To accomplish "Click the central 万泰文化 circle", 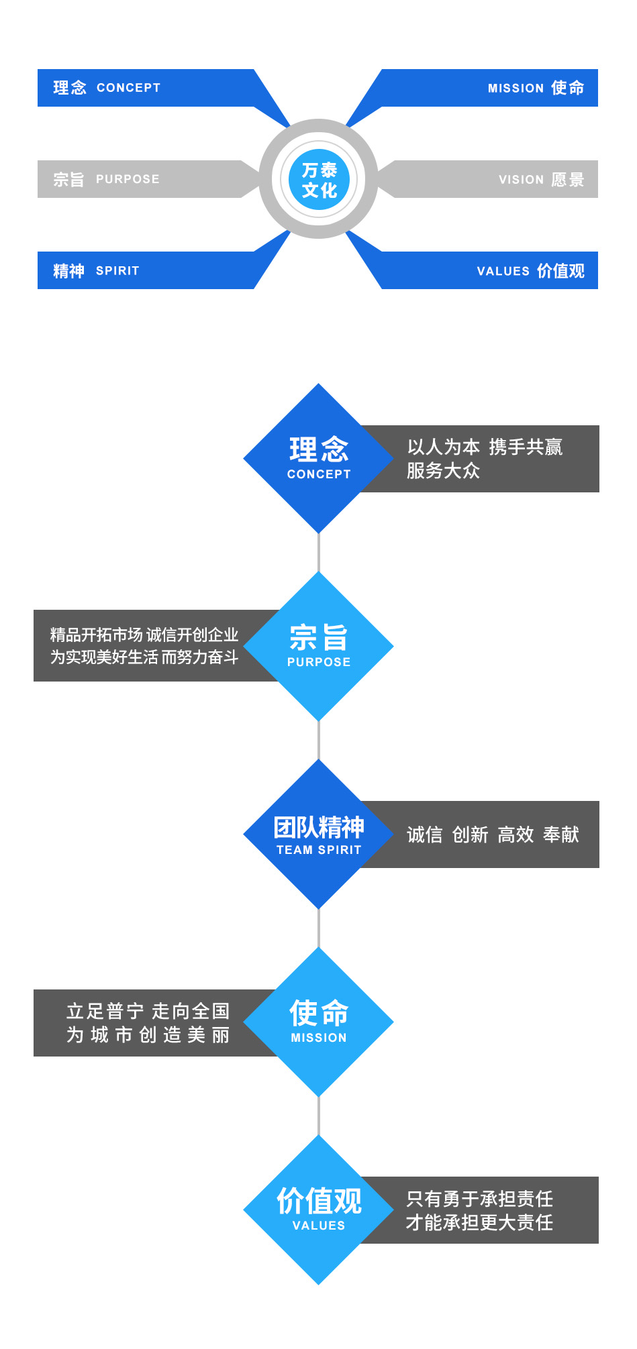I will coord(319,180).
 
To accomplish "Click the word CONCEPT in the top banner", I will coord(128,88).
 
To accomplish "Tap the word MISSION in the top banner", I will coord(516,89).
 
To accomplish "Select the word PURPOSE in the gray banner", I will coord(128,179).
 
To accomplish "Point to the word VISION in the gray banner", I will coord(521,180).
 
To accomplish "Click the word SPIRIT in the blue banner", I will coord(117,271).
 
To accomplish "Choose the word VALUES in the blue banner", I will coord(503,271).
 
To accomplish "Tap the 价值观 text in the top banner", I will coord(560,271).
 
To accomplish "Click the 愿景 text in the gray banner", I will coord(568,180).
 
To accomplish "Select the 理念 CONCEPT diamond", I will coord(318,458).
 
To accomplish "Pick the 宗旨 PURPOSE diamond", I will coord(318,646).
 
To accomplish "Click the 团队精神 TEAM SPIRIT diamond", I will coord(318,834).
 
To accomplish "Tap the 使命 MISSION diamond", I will coord(318,1022).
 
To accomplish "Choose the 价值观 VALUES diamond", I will coord(318,1209).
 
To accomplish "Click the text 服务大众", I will coord(443,471).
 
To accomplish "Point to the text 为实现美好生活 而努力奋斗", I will coord(144,657).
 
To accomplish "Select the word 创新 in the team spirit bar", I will coord(470,834).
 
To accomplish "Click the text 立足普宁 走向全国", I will coord(148,1011).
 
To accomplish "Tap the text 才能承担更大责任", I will coord(479,1223).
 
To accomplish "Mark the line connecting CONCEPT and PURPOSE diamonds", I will coord(319,553).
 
